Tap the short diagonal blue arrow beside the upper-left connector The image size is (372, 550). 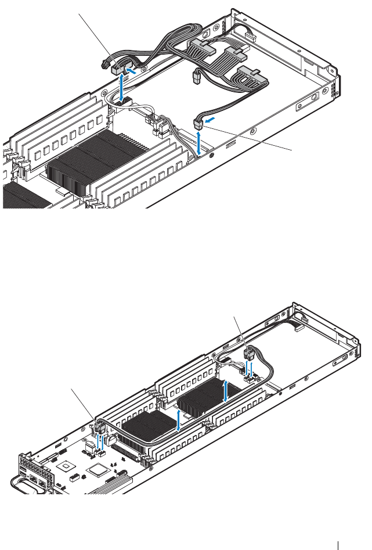132,73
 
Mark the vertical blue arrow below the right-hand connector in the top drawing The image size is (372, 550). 199,143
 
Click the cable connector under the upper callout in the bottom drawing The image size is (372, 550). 250,353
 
